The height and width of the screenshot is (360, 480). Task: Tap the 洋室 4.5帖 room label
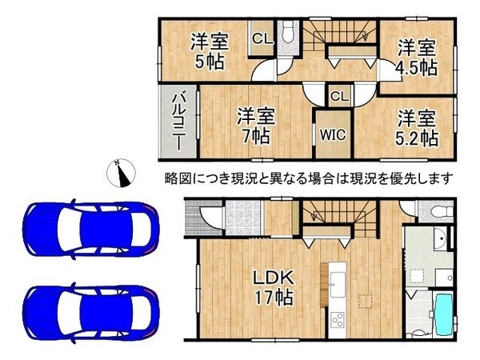click(x=417, y=56)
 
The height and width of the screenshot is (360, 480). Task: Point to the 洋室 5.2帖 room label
click(x=418, y=128)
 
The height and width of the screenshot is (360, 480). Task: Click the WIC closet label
click(x=333, y=134)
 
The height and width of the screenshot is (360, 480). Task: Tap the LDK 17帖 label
click(x=273, y=287)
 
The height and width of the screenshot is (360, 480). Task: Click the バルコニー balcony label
click(x=178, y=122)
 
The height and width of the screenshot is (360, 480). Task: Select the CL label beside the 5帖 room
click(x=262, y=38)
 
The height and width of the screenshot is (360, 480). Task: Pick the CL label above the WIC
click(x=338, y=96)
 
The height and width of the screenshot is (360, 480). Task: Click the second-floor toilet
click(x=289, y=34)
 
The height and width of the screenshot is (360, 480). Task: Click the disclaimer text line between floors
click(x=309, y=178)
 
